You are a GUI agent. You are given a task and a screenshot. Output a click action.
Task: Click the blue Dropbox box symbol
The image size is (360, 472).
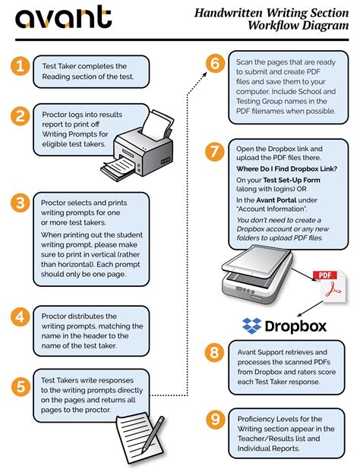tap(252, 326)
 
